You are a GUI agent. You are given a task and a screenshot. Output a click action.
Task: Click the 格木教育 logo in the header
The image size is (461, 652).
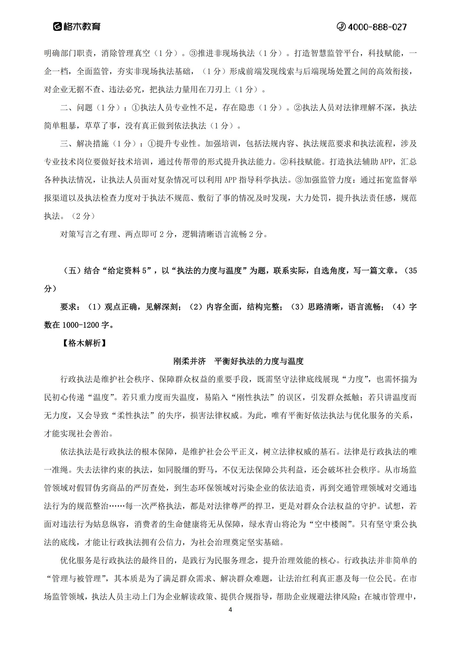pyautogui.click(x=77, y=27)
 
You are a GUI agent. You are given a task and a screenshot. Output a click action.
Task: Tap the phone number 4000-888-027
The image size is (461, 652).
pyautogui.click(x=377, y=27)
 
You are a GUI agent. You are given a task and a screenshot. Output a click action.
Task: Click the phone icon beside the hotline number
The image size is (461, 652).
pyautogui.click(x=341, y=27)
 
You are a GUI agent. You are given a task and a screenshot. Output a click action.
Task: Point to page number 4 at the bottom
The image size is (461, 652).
pyautogui.click(x=230, y=610)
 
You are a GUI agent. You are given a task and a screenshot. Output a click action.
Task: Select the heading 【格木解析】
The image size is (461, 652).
pyautogui.click(x=84, y=343)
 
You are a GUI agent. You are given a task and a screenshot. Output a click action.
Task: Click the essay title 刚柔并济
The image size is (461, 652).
pyautogui.click(x=189, y=361)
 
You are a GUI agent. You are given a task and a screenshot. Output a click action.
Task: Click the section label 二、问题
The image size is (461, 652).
pyautogui.click(x=77, y=107)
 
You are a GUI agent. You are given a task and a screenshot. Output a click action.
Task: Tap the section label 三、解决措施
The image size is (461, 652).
pyautogui.click(x=85, y=144)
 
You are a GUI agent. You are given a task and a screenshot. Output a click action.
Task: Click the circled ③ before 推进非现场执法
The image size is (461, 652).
pyautogui.click(x=193, y=53)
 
